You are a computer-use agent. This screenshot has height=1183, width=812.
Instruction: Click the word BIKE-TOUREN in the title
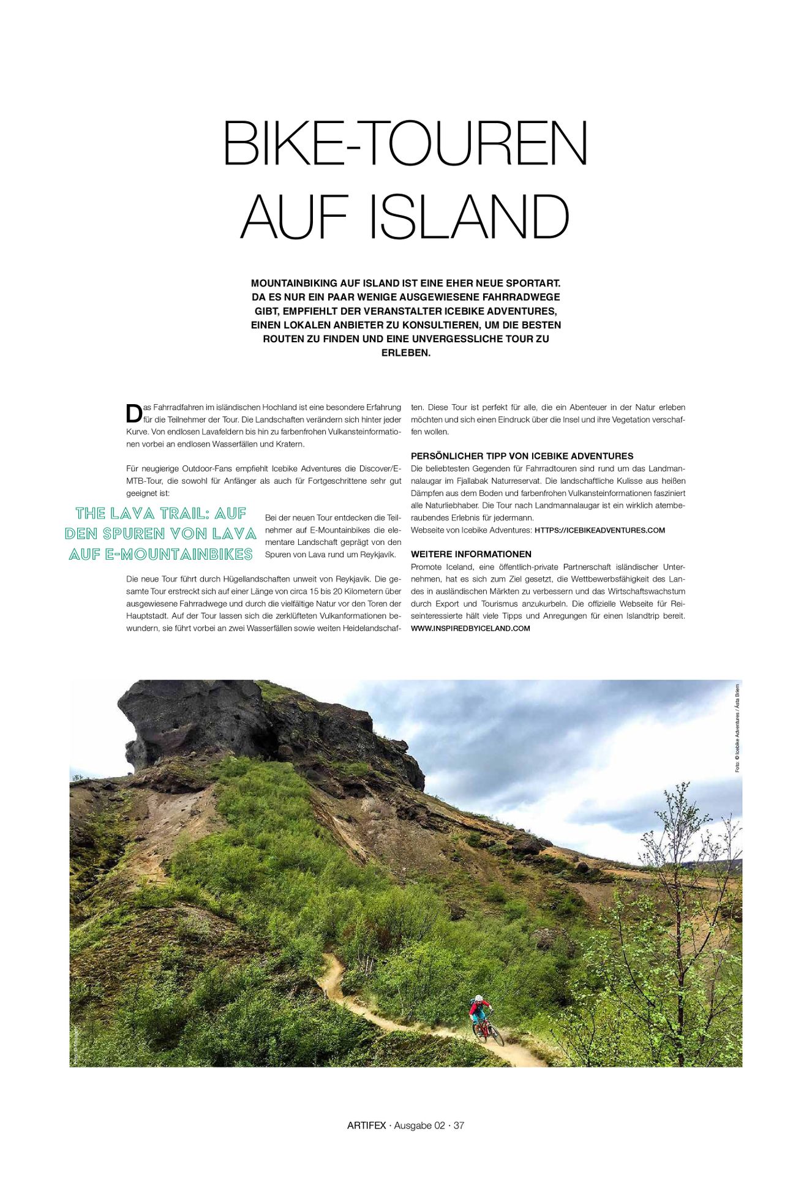(405, 143)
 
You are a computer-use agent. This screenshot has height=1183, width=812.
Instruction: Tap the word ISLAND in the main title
(469, 217)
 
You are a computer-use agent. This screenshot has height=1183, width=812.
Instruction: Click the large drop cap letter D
(133, 414)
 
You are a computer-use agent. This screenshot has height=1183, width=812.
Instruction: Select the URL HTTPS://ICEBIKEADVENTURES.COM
(600, 530)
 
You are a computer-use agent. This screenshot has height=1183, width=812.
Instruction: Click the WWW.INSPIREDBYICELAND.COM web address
(470, 628)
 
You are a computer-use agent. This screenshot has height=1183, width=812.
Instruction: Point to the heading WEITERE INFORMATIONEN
(471, 554)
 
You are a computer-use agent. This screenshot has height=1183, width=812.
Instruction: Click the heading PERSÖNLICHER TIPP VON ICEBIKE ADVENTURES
(522, 456)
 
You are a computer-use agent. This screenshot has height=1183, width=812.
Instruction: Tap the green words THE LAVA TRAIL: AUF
(161, 513)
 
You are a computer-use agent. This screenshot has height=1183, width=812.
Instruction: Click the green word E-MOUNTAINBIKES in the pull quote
(178, 554)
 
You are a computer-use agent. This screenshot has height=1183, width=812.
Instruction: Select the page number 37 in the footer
(459, 1125)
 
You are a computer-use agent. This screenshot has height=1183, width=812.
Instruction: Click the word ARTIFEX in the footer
(366, 1125)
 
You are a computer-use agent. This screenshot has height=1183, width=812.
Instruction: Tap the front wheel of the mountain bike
(497, 1036)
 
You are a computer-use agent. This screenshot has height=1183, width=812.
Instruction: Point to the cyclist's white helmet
(478, 999)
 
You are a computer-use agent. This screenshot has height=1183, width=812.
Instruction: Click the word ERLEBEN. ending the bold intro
(405, 353)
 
